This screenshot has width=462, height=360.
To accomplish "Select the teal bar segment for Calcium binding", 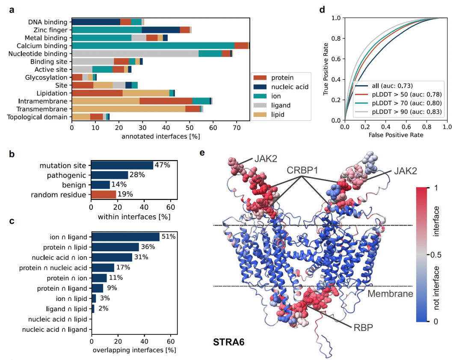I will (153, 46).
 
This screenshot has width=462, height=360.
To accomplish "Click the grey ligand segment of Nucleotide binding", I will (135, 54).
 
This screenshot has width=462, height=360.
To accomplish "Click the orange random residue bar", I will (104, 195).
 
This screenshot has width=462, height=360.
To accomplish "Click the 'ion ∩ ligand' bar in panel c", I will (125, 237).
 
